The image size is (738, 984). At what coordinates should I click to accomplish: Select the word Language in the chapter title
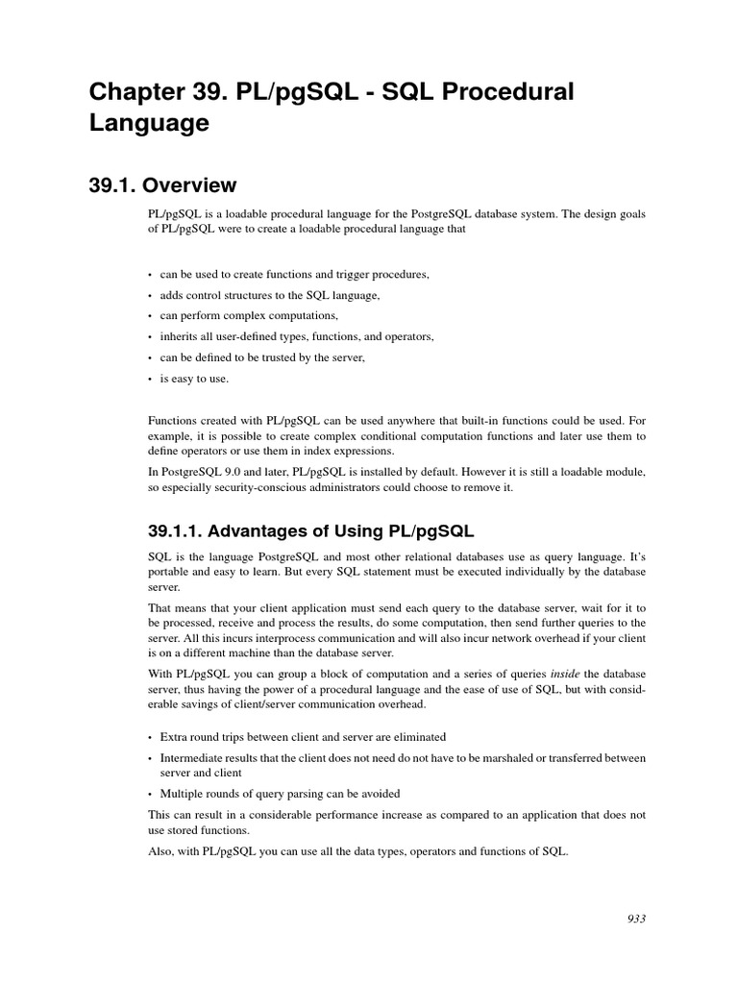pyautogui.click(x=149, y=124)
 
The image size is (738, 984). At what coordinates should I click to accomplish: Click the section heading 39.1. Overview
pyautogui.click(x=162, y=184)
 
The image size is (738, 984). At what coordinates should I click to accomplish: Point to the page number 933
pyautogui.click(x=635, y=919)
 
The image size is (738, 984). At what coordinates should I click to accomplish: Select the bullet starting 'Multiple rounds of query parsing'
pyautogui.click(x=280, y=793)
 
